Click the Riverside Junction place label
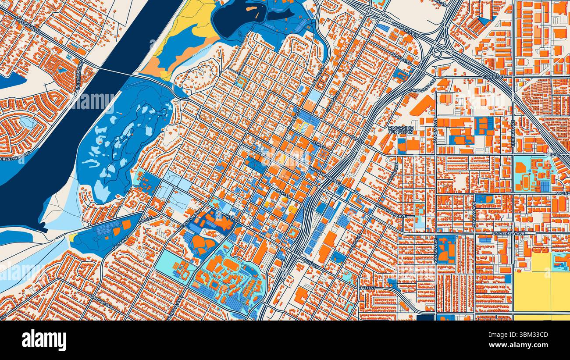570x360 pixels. pyautogui.click(x=401, y=130)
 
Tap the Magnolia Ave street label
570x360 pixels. pyautogui.click(x=178, y=303)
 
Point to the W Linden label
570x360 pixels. pyautogui.click(x=563, y=193)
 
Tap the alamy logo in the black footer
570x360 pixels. pyautogui.click(x=44, y=340)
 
